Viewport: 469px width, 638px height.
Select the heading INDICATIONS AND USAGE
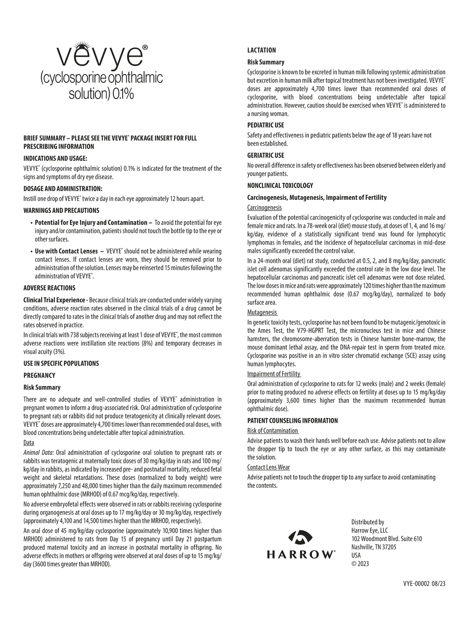coord(55,158)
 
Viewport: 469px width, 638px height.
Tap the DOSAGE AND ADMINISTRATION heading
coord(63,189)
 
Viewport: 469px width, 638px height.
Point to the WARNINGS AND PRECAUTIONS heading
coord(61,210)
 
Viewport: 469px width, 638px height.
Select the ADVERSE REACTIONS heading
coord(49,288)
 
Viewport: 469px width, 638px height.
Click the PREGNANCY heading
coord(39,376)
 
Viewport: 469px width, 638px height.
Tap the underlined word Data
coord(29,443)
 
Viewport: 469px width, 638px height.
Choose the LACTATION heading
coord(261,50)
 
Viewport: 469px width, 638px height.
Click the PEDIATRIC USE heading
coord(266,125)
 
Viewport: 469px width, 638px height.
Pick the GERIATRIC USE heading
coord(266,155)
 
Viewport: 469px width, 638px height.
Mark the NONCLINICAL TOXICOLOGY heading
coord(280,185)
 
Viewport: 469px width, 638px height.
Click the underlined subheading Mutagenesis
coord(262,313)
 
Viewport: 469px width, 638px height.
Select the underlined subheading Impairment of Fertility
coord(274,374)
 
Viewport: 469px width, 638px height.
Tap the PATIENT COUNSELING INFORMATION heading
coord(293,421)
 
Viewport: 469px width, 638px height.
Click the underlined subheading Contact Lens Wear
coord(269,467)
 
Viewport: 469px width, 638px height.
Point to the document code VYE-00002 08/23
coord(424,583)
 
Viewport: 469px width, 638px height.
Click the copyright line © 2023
coord(360,564)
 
